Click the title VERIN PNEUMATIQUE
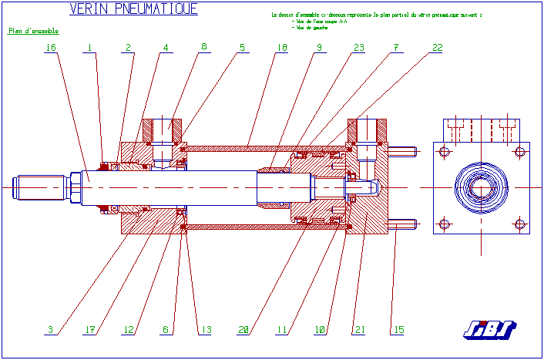point(133,9)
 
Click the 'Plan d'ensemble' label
point(33,32)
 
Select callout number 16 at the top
point(51,48)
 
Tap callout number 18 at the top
point(282,48)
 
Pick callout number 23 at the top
point(358,48)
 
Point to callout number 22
point(437,48)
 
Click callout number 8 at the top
point(204,48)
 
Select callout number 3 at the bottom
point(51,330)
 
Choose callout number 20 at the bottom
point(243,330)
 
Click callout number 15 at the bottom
point(398,330)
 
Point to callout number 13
point(205,330)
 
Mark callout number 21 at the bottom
point(359,330)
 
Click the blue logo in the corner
point(490,329)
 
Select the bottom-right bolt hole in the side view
point(520,224)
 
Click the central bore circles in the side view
point(482,187)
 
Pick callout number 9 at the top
point(318,48)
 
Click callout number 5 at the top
point(242,48)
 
